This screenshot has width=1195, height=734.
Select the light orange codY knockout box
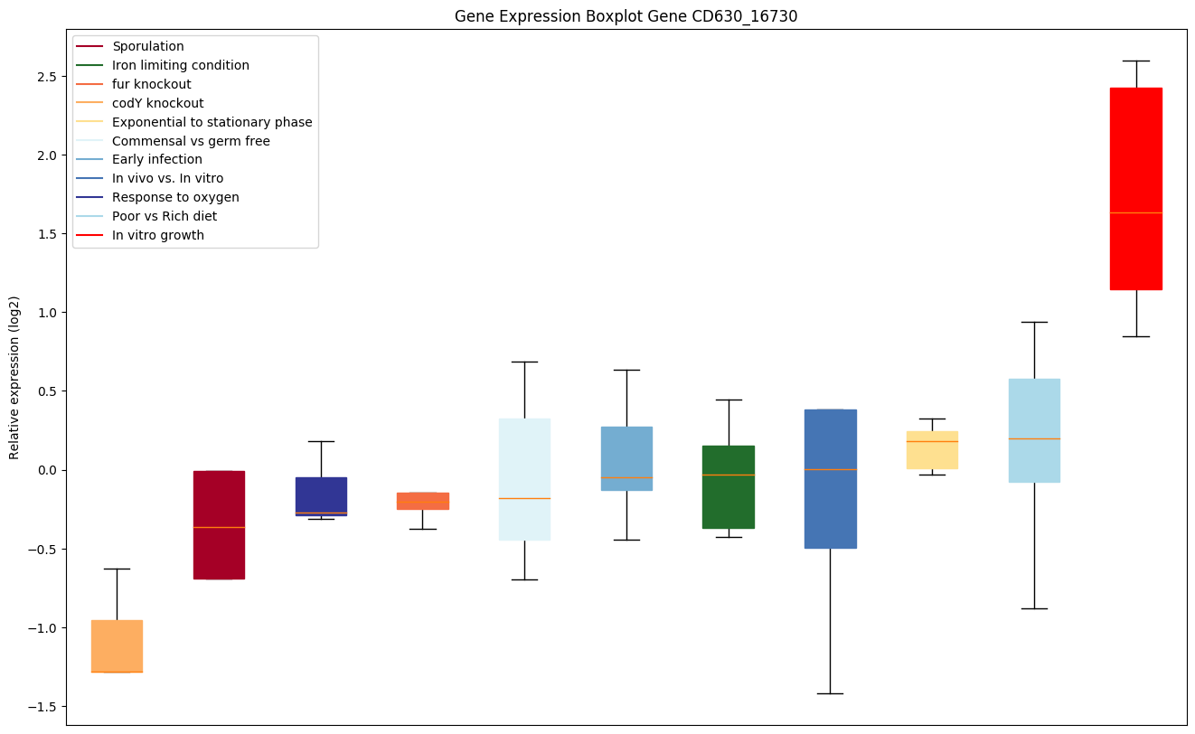(117, 646)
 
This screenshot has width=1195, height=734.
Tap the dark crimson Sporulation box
(219, 525)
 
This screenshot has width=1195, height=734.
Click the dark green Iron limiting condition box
(729, 487)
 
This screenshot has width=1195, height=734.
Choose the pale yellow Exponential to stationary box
(932, 450)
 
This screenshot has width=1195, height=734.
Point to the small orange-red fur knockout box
(423, 501)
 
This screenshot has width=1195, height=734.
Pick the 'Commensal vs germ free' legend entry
(190, 141)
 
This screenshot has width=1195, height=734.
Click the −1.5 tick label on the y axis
(45, 707)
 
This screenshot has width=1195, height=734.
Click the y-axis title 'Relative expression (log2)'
(14, 377)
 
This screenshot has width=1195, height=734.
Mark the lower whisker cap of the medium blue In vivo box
(831, 693)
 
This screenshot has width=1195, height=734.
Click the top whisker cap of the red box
(1135, 61)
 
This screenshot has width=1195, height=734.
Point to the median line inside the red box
(1135, 212)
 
